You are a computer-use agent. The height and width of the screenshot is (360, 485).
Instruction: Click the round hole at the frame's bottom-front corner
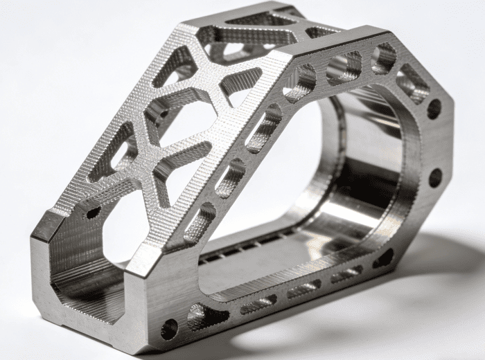click(x=168, y=329)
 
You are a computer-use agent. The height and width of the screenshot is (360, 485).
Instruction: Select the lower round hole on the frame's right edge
click(x=435, y=177)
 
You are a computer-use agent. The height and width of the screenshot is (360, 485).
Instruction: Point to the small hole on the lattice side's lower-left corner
click(x=93, y=211)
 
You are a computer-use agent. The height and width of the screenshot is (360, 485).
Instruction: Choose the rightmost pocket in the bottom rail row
click(x=346, y=274)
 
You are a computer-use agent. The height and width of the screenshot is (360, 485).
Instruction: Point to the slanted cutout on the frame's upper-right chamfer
click(x=412, y=84)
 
